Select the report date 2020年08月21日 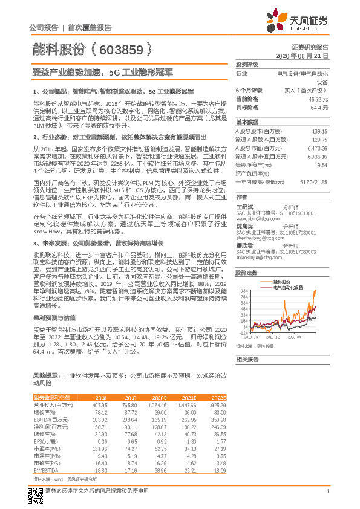tap(306, 56)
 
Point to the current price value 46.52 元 tap(317, 98)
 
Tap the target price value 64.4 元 tap(319, 106)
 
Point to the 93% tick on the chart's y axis tap(243, 291)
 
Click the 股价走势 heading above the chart tap(247, 273)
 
